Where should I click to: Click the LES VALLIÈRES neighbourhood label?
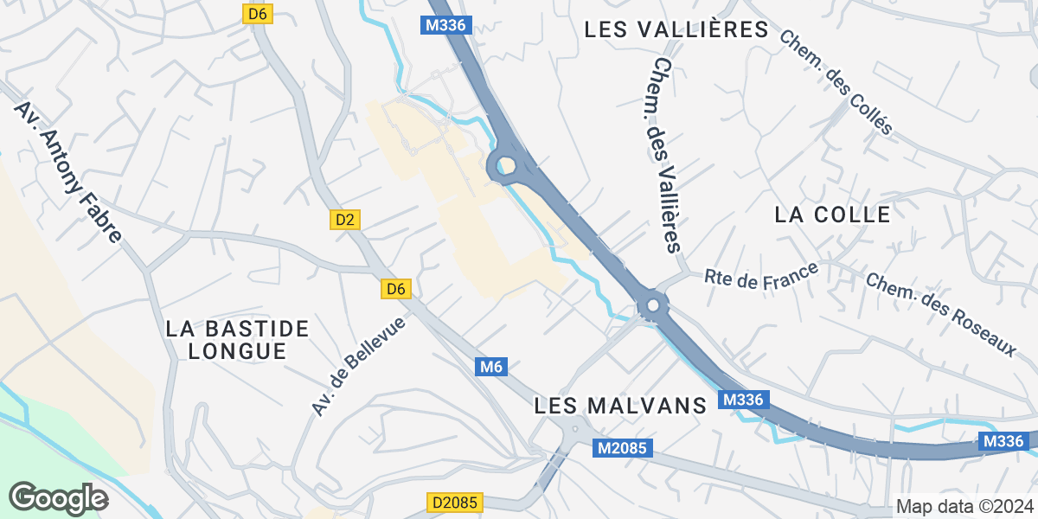[x=676, y=29]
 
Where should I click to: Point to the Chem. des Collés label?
[x=836, y=83]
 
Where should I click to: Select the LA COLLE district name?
[x=832, y=215]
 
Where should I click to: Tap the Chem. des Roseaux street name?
[x=940, y=316]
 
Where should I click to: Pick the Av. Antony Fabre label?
[x=67, y=173]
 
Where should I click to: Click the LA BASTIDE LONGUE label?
[x=237, y=340]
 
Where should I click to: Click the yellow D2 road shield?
[x=345, y=220]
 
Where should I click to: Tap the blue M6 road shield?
[x=490, y=367]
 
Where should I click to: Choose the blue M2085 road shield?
[x=623, y=448]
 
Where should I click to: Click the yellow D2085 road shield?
[x=454, y=503]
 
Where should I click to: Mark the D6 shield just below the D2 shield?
[x=395, y=289]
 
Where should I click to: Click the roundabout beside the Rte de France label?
[x=652, y=305]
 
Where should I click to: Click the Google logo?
[x=58, y=498]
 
